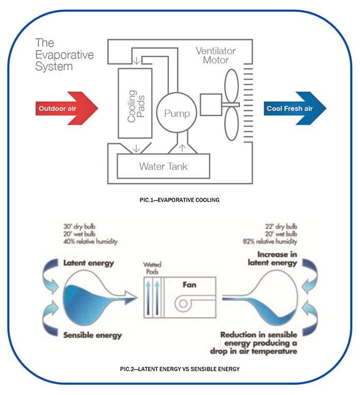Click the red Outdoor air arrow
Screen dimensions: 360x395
pos(67,108)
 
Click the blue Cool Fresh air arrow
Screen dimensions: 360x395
pos(295,108)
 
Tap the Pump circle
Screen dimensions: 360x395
pos(176,113)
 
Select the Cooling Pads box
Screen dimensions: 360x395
pos(135,103)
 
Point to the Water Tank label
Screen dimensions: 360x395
pos(163,166)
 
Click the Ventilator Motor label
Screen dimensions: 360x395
pos(216,55)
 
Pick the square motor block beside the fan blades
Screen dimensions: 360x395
pos(211,104)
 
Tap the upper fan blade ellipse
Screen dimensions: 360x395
pos(231,86)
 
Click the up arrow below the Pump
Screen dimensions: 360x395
pos(182,148)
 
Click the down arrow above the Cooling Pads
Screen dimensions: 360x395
pos(136,61)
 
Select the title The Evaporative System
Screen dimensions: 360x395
pos(65,55)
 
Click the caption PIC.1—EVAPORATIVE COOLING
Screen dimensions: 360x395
pos(179,200)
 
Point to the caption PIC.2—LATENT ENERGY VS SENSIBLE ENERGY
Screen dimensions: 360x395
pos(180,369)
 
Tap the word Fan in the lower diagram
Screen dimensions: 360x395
pos(189,285)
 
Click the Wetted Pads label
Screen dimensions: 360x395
pos(152,268)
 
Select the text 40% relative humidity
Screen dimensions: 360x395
pos(90,242)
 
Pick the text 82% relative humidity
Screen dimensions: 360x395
pos(270,242)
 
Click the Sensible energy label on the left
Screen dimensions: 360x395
pos(92,335)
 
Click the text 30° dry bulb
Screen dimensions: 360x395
pos(80,227)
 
